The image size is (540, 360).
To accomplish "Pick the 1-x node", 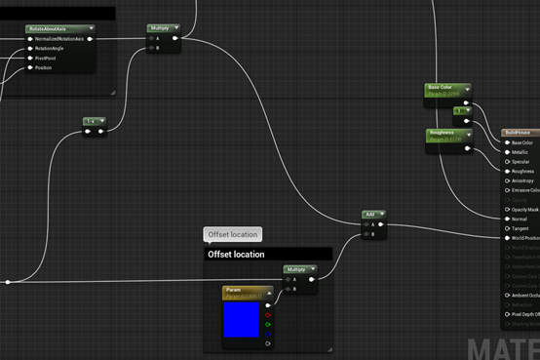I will tap(95, 121).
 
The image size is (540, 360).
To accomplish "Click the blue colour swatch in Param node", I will tap(242, 320).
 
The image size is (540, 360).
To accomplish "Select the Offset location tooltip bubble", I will tap(233, 234).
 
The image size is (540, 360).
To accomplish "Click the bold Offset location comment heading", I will tap(236, 254).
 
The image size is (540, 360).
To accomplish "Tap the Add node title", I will tap(371, 214).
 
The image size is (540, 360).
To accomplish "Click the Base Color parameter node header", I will tap(442, 89).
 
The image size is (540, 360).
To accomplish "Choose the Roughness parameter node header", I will tap(444, 134).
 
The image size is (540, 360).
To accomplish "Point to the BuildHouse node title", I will tap(519, 132).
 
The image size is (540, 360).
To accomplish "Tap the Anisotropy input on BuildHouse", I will tap(523, 180).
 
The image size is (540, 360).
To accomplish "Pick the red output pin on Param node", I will tap(268, 314).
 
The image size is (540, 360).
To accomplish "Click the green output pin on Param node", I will tap(268, 324).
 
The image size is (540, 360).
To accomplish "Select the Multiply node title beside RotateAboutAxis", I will tap(161, 28).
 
